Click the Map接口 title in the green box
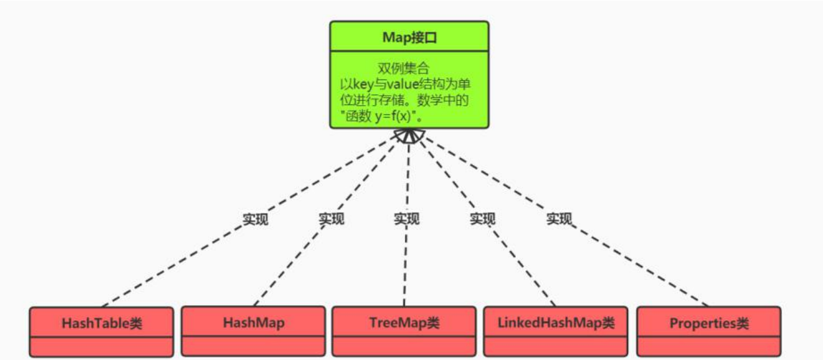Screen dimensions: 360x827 409,37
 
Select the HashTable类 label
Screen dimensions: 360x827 102,324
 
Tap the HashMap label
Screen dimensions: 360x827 253,322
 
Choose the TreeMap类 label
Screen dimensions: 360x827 404,322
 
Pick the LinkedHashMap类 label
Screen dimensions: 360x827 556,322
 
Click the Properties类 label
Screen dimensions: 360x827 709,324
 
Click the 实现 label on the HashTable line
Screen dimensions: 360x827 255,219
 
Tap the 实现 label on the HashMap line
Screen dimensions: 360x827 331,219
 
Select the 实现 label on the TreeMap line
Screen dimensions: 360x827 406,219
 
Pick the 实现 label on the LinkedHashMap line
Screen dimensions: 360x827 482,219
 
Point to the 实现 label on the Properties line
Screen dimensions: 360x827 558,219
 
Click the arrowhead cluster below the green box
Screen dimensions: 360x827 410,135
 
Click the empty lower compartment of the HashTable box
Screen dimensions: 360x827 102,347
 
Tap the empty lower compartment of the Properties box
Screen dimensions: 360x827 709,347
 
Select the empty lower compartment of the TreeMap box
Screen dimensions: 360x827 404,346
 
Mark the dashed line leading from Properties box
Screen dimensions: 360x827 634,264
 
